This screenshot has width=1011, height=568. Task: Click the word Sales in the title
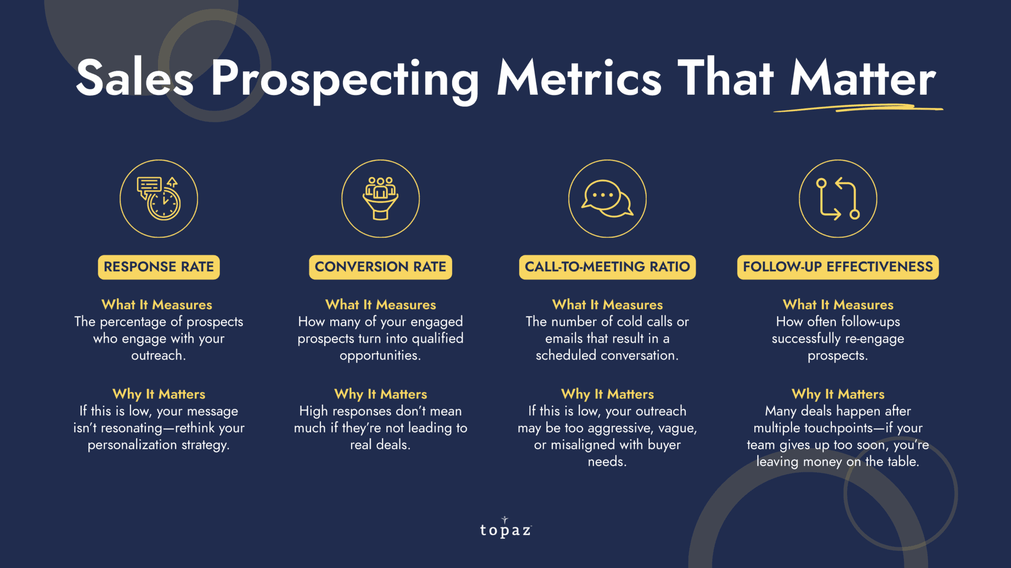134,78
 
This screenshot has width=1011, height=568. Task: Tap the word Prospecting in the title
345,79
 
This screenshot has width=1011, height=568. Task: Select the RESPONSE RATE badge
158,267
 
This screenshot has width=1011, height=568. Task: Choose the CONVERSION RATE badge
380,267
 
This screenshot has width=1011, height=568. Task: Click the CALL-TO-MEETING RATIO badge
607,267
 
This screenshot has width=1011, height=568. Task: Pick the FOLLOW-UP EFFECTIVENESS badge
838,267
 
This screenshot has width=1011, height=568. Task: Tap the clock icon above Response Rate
159,198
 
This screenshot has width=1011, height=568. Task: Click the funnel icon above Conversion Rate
380,198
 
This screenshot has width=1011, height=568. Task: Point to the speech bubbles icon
607,198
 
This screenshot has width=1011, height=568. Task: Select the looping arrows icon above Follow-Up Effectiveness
838,198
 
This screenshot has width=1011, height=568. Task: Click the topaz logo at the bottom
505,529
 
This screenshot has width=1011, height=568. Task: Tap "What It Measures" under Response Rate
157,305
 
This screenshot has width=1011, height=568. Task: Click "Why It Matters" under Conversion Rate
380,394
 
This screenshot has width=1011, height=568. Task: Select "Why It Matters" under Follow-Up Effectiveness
838,394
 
